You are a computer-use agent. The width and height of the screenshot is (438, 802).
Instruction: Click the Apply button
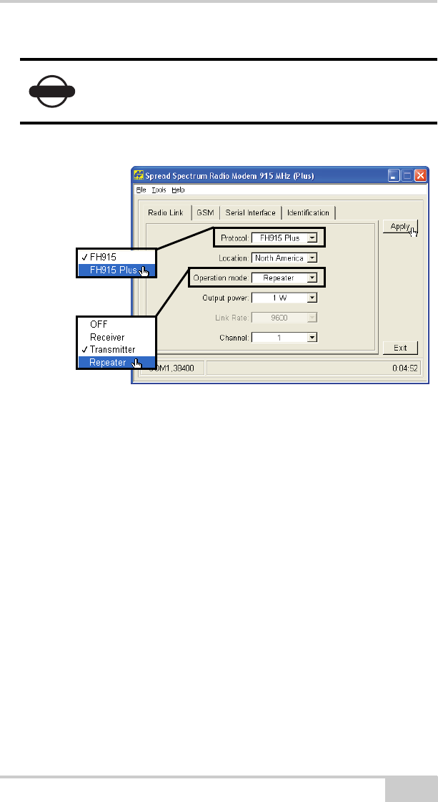(399, 226)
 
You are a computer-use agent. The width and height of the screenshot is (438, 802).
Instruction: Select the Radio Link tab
(166, 212)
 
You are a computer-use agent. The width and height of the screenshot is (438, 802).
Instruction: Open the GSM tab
(206, 212)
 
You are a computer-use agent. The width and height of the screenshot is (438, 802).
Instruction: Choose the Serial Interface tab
(250, 212)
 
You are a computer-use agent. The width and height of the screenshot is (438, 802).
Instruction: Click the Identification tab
(308, 212)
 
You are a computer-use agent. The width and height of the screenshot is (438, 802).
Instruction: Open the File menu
(140, 190)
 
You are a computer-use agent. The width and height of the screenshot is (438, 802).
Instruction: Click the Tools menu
(159, 190)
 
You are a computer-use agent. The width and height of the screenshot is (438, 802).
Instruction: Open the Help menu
(177, 190)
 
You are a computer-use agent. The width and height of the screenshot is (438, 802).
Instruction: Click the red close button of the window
(421, 175)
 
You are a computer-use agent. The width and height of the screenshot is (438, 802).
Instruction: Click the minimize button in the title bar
(394, 175)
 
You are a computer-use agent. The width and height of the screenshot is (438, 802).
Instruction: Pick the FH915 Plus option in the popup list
(114, 270)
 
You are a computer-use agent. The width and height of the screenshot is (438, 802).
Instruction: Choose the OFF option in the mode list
(99, 324)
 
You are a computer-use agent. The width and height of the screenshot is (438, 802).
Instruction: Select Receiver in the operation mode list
(107, 337)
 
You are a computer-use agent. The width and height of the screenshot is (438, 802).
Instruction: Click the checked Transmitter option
(112, 350)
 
